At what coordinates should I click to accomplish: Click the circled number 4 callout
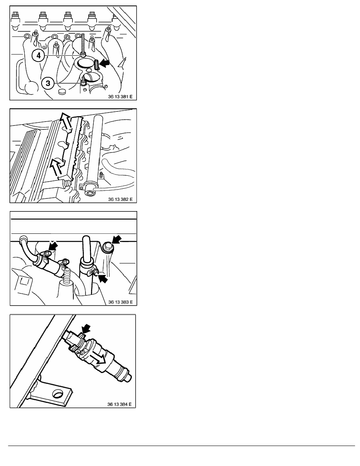pos(38,56)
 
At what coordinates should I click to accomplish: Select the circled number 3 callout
pos(48,83)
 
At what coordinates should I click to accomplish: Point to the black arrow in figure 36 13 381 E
pos(104,63)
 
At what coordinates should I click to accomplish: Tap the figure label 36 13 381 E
pos(120,96)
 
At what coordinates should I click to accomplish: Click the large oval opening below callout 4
pos(86,63)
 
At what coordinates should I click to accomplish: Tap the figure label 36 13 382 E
pos(120,199)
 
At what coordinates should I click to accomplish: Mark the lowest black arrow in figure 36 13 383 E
pos(103,279)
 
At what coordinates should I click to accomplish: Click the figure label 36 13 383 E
pos(120,302)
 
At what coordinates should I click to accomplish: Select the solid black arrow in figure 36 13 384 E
pos(86,329)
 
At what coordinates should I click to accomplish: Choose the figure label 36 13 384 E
pos(119,404)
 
